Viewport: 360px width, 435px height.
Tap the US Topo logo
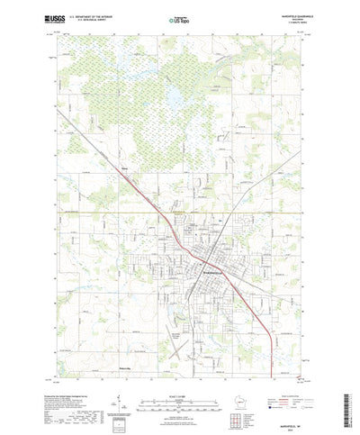(179, 18)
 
